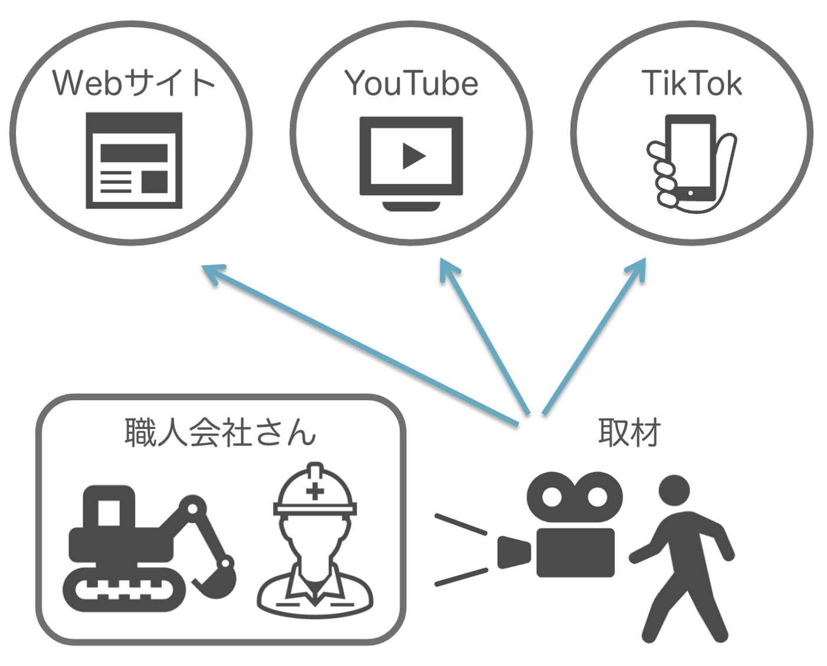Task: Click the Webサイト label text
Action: tap(133, 83)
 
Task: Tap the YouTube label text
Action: tap(411, 83)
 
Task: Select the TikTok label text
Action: tap(692, 83)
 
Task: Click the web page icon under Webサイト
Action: tap(134, 160)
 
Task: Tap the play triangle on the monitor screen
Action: tap(413, 156)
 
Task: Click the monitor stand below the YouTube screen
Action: tap(411, 206)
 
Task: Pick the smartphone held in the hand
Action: tap(691, 158)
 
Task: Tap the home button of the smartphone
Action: tap(691, 193)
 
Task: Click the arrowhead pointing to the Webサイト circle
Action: tap(214, 273)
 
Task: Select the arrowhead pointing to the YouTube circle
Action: tap(448, 269)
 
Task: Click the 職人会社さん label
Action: tap(220, 432)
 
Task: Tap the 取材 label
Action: tap(629, 432)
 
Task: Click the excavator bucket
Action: tap(216, 581)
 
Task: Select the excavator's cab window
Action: tap(109, 513)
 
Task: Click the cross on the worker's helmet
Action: tap(315, 491)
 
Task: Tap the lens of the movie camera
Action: tap(514, 553)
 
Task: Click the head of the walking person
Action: tap(674, 490)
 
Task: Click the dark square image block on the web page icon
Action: tap(155, 182)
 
